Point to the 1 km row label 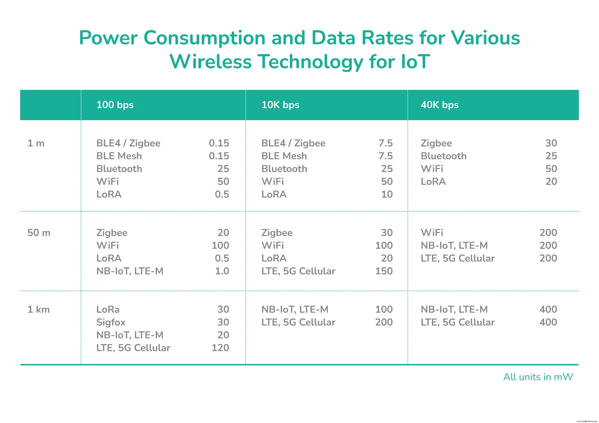(39, 309)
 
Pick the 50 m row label (39, 233)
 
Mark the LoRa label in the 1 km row (108, 309)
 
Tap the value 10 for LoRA (387, 194)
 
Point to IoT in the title (415, 62)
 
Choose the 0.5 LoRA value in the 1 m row (222, 194)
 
